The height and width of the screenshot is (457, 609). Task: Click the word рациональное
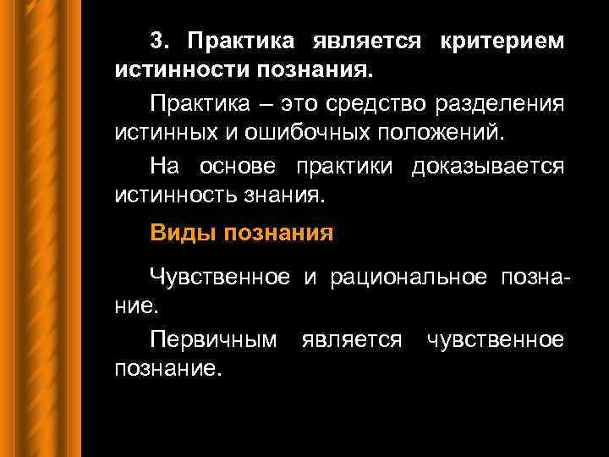pyautogui.click(x=409, y=275)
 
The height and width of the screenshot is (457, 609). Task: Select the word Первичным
pyautogui.click(x=213, y=339)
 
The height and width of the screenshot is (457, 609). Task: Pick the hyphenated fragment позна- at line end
pyautogui.click(x=535, y=275)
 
